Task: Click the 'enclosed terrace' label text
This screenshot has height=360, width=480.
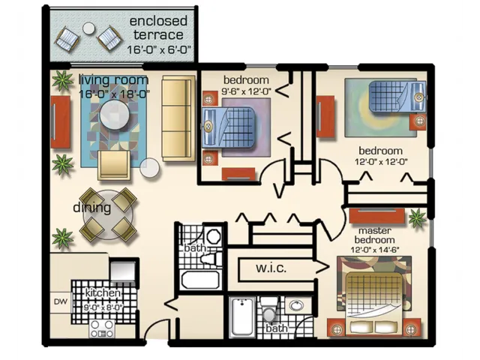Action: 157,28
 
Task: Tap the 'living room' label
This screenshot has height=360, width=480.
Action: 114,80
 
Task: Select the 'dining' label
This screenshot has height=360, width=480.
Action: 91,208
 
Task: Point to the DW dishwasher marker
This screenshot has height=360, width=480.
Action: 61,302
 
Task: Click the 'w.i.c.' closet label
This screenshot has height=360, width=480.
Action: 271,268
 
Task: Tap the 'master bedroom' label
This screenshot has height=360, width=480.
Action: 375,235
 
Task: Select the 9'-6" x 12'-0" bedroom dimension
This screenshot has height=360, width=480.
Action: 245,91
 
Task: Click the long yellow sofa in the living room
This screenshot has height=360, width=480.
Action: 178,118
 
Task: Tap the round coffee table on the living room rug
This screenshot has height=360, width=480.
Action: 115,115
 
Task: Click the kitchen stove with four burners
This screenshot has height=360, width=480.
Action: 102,328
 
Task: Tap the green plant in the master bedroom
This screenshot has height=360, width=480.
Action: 417,218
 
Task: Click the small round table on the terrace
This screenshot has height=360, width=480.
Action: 89,28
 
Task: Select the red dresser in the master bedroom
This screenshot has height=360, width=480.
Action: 377,216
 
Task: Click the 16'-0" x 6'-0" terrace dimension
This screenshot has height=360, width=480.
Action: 157,50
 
